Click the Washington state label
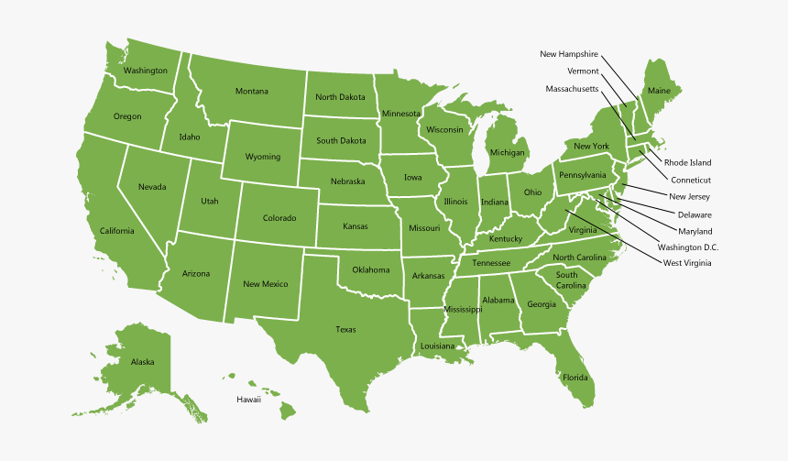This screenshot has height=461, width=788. click(146, 71)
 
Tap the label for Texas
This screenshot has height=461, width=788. click(345, 330)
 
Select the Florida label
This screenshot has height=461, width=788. click(575, 378)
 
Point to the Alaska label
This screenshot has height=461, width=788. click(142, 362)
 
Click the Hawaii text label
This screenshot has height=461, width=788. click(248, 400)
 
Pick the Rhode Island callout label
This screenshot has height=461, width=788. click(687, 162)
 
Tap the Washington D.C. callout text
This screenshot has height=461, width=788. click(688, 247)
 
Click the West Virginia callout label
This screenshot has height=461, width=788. click(686, 263)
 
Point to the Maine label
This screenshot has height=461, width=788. click(658, 91)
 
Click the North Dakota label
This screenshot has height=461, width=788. click(340, 97)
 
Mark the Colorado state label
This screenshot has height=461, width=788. click(279, 218)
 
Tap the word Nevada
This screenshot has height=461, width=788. click(152, 187)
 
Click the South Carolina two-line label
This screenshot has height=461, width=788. click(567, 280)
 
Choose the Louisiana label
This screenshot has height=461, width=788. click(437, 346)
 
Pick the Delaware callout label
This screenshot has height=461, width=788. click(695, 214)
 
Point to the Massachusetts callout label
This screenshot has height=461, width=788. click(572, 89)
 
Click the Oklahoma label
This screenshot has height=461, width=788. click(370, 269)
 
